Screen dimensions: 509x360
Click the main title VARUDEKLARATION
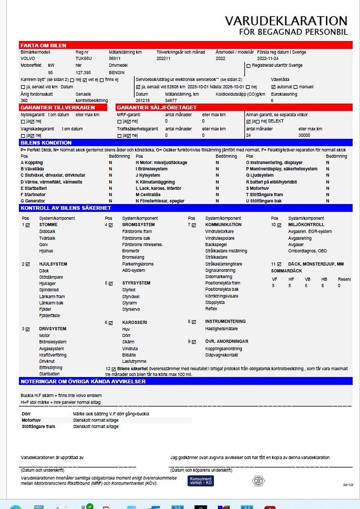click(286, 21)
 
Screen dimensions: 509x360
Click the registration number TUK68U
click(83, 58)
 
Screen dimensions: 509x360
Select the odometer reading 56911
click(115, 58)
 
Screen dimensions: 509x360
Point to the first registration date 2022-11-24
click(268, 58)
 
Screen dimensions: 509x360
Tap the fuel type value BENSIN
click(117, 72)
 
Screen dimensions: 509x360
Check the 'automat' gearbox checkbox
click(273, 87)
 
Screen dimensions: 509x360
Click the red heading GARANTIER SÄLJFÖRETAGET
click(156, 107)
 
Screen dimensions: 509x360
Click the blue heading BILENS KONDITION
click(46, 143)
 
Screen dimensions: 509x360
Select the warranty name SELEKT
click(276, 121)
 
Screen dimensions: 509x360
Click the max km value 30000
click(304, 135)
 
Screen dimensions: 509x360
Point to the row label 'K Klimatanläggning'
click(155, 182)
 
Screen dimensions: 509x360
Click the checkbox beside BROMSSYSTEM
click(111, 225)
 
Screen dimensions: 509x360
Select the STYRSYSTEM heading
click(136, 283)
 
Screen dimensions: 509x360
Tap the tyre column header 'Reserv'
click(344, 279)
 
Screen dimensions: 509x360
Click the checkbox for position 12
click(114, 369)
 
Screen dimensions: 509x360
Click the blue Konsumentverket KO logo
click(201, 481)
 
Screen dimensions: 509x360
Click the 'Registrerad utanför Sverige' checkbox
click(249, 66)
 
